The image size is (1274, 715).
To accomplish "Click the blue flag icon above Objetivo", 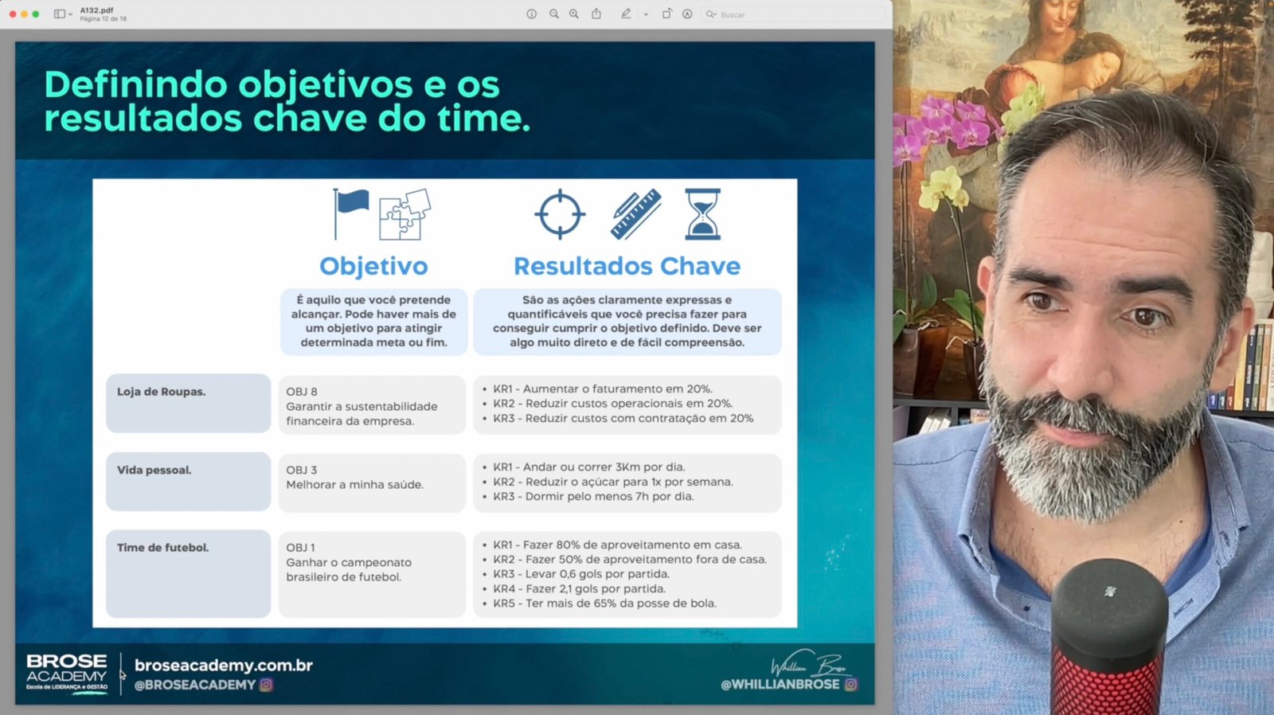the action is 351,213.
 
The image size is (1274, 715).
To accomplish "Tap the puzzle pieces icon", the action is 405,214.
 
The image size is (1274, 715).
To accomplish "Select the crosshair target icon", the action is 561,214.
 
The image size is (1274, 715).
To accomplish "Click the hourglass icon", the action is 703,214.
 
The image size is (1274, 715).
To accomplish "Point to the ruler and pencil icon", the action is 636,214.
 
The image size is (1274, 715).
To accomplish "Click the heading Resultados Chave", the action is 627,266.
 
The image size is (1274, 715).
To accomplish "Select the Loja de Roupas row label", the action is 162,392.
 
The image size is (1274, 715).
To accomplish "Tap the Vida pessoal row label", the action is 154,471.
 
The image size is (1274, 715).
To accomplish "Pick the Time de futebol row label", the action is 162,548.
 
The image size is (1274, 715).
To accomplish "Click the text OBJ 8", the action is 302,392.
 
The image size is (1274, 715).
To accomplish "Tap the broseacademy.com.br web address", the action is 224,666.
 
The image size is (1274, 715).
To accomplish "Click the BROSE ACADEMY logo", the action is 67,674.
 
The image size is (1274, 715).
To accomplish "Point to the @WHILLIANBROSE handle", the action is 780,685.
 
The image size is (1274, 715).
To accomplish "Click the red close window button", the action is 13,14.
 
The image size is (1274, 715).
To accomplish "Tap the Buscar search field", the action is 793,15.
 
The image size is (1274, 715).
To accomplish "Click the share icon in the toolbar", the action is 596,14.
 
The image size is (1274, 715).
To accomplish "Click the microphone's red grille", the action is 1106,682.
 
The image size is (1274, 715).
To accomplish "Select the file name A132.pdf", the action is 96,10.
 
